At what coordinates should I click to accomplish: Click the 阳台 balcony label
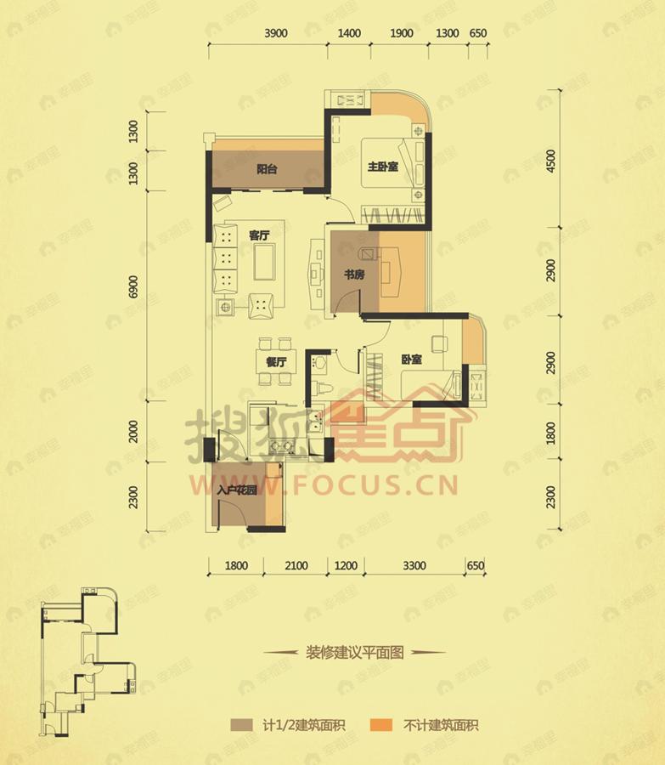coord(267,168)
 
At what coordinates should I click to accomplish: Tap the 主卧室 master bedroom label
coord(380,166)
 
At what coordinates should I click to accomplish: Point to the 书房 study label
coord(354,275)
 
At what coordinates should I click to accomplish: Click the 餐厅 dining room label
coord(275,361)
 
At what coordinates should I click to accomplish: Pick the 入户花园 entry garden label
coord(235,490)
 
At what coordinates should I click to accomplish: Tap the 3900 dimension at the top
coord(277,34)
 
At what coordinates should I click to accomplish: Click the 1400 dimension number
coord(349,34)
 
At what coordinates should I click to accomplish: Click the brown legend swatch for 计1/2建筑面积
coord(243,725)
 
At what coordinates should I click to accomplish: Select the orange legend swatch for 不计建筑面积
coord(382,725)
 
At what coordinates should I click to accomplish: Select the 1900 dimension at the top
coord(402,34)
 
